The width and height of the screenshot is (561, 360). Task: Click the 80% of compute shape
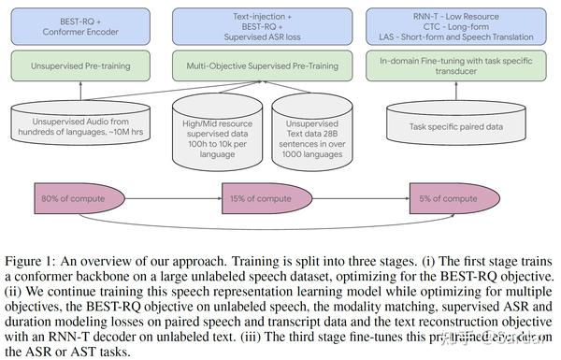[79, 199]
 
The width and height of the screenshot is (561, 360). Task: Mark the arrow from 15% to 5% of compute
[360, 199]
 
